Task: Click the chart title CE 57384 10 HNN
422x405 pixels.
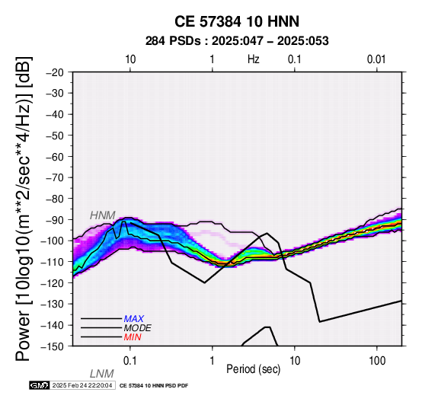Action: point(237,21)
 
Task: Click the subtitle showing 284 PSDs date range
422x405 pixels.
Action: point(237,41)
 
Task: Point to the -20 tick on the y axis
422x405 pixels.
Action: point(55,72)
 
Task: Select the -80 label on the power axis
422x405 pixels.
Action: point(55,199)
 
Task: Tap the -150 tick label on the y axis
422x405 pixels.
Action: point(53,346)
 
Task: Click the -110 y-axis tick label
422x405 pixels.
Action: point(53,262)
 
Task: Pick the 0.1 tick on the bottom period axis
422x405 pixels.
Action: point(130,361)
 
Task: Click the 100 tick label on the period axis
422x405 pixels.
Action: point(377,361)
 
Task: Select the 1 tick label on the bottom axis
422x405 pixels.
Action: point(213,361)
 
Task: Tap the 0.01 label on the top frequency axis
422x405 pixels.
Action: point(376,59)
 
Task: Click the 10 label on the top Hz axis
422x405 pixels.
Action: point(130,59)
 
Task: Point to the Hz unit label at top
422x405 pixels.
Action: point(253,59)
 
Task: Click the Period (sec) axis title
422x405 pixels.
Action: point(253,369)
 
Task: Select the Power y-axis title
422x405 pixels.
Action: point(24,209)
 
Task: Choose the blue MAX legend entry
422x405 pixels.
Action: point(134,319)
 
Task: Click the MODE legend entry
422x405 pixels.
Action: point(138,328)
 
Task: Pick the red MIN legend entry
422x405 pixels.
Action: point(133,337)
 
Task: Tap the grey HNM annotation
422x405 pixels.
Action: point(103,215)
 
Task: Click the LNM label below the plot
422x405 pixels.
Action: point(102,374)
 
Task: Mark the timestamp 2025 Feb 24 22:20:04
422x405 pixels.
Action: point(82,385)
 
